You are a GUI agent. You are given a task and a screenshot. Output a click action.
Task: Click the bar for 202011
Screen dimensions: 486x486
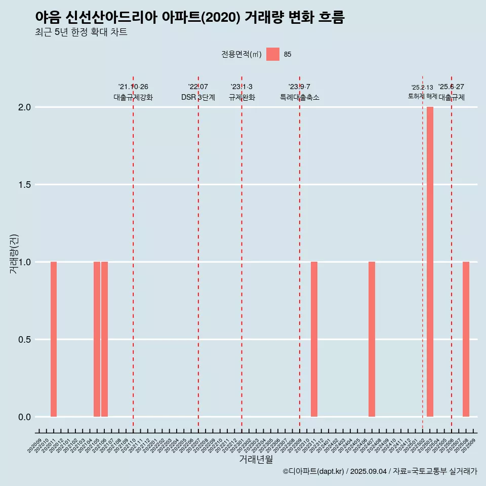(x=54, y=339)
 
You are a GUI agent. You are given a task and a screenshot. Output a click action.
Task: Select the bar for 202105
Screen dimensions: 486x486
(x=97, y=339)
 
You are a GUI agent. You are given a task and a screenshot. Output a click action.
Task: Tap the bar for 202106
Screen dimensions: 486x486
(x=104, y=339)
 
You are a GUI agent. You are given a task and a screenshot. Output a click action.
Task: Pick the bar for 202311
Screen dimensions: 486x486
(x=314, y=339)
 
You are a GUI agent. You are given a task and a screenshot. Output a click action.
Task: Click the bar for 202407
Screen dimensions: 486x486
(x=372, y=339)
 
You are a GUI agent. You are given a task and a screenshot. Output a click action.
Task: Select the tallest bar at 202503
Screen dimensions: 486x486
(x=430, y=262)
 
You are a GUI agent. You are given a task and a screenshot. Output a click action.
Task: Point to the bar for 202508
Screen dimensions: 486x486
(x=466, y=339)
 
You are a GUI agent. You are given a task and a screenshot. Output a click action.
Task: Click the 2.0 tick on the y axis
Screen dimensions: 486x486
(x=25, y=107)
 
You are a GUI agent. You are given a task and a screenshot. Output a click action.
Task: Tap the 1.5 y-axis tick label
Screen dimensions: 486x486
(x=25, y=185)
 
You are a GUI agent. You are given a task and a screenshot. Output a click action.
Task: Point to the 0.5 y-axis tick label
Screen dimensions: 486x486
(x=25, y=340)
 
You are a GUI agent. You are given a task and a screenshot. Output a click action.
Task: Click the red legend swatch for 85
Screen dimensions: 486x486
(x=273, y=54)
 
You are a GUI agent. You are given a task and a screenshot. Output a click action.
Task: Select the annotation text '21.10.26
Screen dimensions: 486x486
(x=133, y=87)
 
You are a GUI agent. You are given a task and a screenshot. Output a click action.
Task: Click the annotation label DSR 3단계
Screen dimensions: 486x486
(x=198, y=98)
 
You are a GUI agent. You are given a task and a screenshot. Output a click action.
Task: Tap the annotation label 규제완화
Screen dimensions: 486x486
(x=241, y=98)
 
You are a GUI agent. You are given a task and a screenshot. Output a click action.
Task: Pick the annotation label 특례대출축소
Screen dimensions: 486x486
(x=300, y=98)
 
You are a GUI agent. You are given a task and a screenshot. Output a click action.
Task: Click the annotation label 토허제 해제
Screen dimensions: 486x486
(x=422, y=96)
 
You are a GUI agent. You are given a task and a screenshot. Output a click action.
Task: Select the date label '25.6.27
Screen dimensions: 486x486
(x=451, y=87)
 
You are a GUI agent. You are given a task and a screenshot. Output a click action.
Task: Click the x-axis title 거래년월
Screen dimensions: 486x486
(x=256, y=460)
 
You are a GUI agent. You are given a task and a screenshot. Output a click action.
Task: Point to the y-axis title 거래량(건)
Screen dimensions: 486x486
(x=14, y=254)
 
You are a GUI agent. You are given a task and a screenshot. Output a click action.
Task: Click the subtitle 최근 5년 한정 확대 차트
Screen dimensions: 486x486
(x=81, y=32)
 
